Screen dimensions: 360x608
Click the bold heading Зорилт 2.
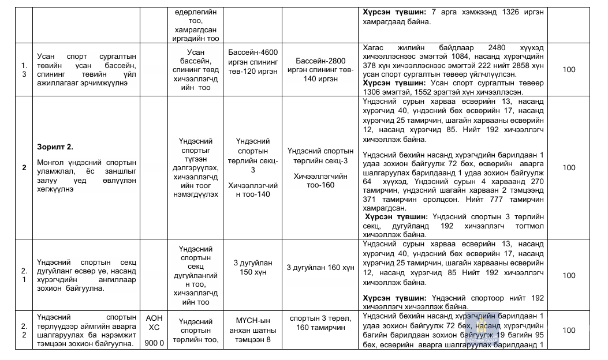pos(54,147)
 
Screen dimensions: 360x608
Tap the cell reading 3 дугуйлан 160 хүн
pos(320,268)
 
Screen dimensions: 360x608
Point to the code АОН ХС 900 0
pos(154,330)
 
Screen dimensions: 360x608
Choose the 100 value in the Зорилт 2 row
pos(568,167)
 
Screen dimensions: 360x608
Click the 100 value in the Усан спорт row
pos(568,70)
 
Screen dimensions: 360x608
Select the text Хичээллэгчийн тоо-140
pos(253,190)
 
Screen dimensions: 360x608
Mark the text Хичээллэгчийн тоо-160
pos(320,181)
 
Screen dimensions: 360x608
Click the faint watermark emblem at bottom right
pos(480,329)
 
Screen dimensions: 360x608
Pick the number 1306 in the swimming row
pos(374,92)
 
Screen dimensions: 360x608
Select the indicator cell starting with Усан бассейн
pos(196,70)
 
